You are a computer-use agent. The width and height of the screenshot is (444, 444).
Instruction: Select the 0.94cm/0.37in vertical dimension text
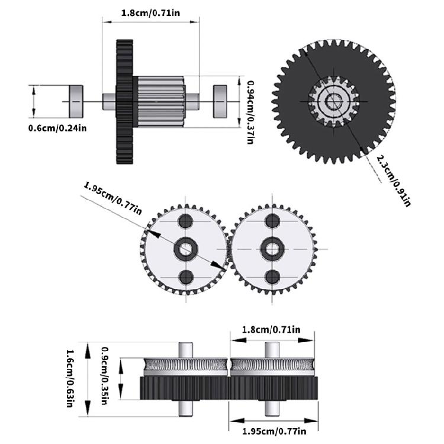click(250, 112)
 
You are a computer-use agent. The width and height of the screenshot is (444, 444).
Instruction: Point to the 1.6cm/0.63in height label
click(69, 379)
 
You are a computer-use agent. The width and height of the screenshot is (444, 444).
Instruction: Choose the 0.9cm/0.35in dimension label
click(105, 375)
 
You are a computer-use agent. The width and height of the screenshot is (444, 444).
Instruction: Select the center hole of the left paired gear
click(186, 249)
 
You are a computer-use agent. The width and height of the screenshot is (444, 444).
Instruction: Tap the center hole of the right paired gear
click(272, 249)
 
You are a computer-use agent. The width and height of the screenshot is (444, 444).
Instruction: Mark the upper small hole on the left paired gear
click(186, 222)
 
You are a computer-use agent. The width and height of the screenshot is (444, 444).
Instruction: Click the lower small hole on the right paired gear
click(272, 276)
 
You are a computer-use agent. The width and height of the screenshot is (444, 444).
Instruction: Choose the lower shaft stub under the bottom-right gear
click(272, 408)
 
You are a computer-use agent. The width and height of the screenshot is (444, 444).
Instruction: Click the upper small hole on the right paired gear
click(272, 222)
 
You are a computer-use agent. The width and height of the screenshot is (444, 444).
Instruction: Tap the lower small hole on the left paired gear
click(186, 276)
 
